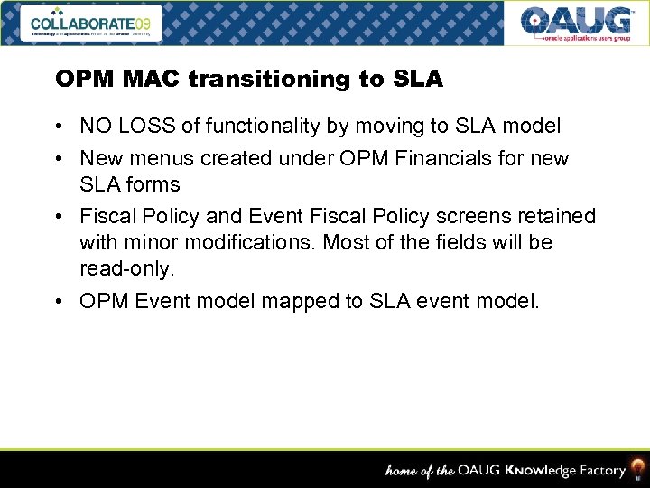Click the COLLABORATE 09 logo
(x=91, y=23)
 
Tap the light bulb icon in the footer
(x=638, y=469)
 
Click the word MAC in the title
(x=159, y=80)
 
